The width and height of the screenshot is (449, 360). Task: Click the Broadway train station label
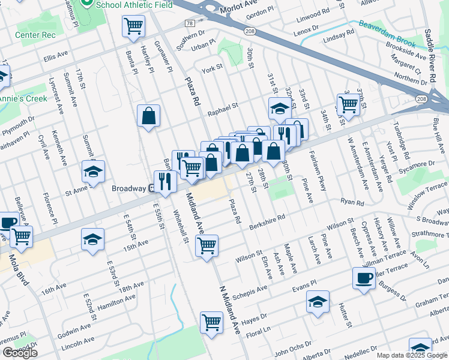click(x=130, y=188)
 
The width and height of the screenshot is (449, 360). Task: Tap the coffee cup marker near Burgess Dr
click(x=364, y=278)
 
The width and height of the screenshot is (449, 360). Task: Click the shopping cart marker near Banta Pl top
click(x=134, y=26)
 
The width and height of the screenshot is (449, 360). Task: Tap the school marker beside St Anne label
click(x=93, y=172)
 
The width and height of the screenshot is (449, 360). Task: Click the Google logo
click(x=20, y=353)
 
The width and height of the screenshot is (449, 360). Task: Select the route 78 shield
click(x=190, y=23)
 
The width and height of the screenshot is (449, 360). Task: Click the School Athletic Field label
click(x=134, y=4)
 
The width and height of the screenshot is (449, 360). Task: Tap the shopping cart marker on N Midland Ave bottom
click(x=212, y=322)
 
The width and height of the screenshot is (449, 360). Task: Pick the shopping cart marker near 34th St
click(x=348, y=104)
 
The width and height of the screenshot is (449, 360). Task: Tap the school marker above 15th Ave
click(x=92, y=238)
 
